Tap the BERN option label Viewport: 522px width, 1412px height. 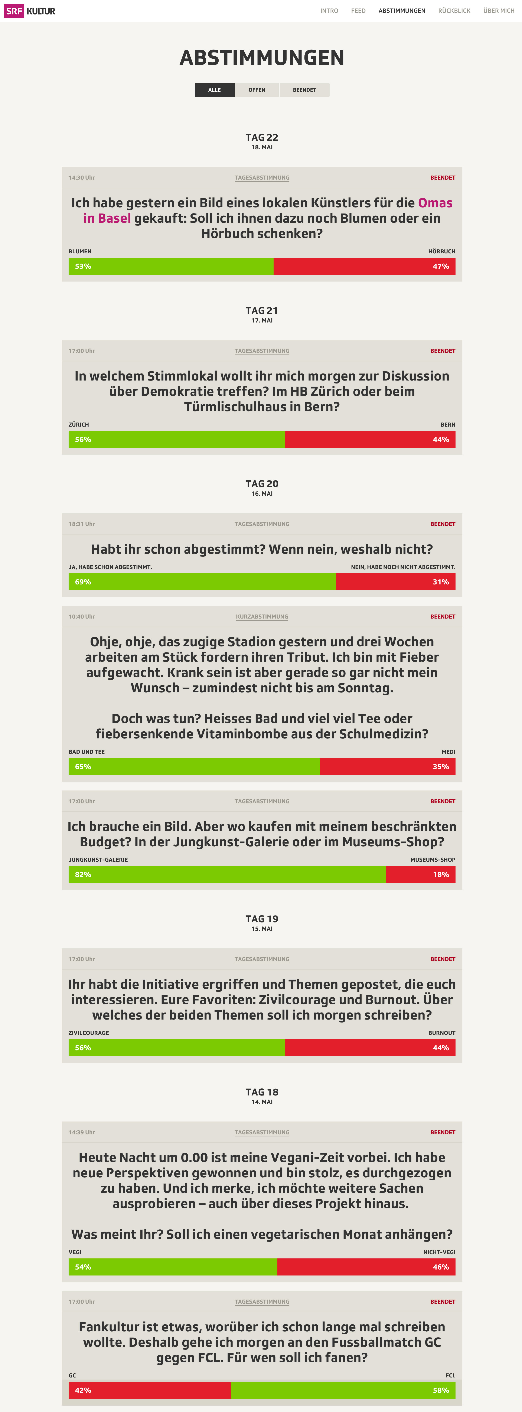click(x=447, y=425)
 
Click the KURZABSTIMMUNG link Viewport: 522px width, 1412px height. click(x=262, y=617)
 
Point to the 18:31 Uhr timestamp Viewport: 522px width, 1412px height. click(x=82, y=524)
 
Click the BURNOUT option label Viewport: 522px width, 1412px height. click(x=441, y=1033)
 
